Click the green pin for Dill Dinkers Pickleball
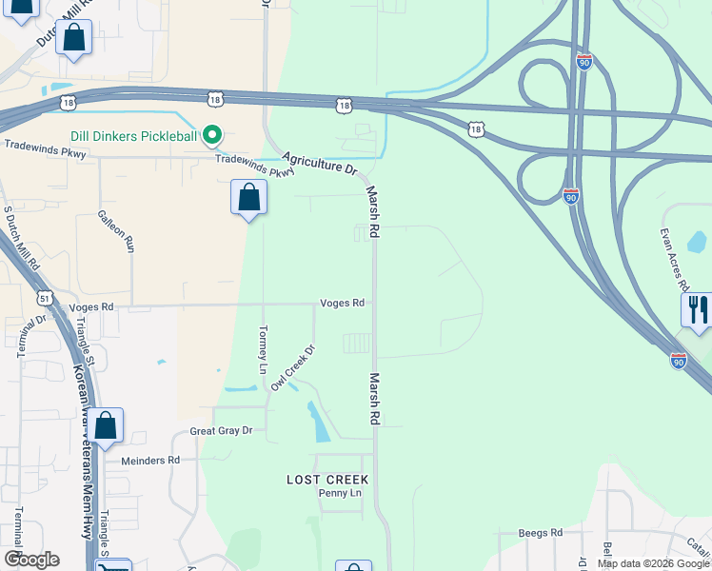pos(213,137)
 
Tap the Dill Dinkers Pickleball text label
pos(133,137)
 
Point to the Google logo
pos(31,560)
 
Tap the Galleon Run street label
pos(129,231)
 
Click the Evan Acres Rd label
pos(674,259)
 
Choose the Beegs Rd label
pos(541,533)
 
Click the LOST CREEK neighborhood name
pos(327,480)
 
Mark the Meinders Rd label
pos(150,460)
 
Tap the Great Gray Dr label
pos(221,431)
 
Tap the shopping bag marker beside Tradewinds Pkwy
pos(248,198)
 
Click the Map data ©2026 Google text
pos(653,563)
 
